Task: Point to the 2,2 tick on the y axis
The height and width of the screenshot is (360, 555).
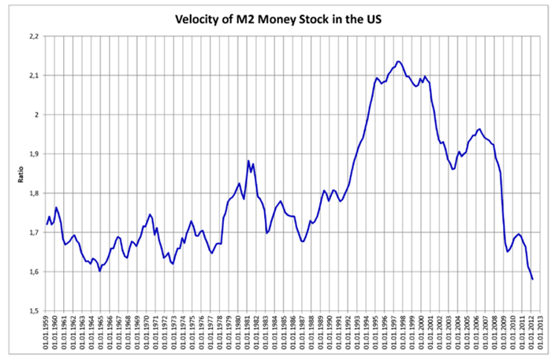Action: click(33, 36)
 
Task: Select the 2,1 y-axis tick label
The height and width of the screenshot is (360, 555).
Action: click(33, 76)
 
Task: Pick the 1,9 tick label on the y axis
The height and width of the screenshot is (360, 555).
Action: click(33, 154)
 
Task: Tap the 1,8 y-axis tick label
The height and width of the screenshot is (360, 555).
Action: click(33, 194)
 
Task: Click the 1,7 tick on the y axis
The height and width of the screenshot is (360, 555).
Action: click(33, 232)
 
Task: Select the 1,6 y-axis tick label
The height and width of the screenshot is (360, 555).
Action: click(33, 272)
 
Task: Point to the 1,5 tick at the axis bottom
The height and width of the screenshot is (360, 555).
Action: click(33, 311)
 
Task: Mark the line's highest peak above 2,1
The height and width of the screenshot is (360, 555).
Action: click(399, 61)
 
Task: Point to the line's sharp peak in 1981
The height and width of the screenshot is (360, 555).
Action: click(248, 161)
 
